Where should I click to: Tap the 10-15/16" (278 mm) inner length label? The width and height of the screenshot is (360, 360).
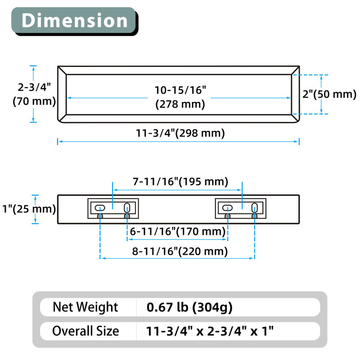(x=180, y=97)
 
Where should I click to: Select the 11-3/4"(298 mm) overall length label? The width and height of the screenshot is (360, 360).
(x=180, y=133)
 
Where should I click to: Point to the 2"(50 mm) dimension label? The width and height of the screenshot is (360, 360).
(x=329, y=94)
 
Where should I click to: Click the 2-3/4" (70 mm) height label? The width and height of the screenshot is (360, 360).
(x=34, y=94)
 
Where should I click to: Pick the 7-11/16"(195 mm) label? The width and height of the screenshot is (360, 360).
(x=180, y=181)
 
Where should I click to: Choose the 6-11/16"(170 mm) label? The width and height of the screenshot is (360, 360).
(x=177, y=231)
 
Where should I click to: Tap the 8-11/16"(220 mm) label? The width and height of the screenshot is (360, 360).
(x=180, y=251)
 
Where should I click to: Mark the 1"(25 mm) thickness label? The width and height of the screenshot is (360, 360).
(x=29, y=209)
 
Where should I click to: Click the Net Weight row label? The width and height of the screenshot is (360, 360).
(x=85, y=307)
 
